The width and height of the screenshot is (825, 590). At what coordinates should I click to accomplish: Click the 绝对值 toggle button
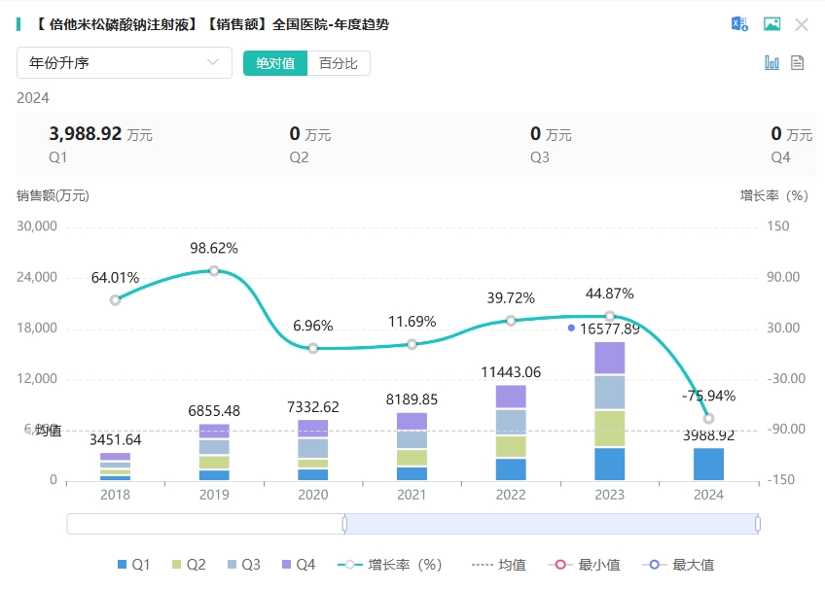click(x=275, y=63)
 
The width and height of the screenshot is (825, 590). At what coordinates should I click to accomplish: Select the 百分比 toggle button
click(x=339, y=63)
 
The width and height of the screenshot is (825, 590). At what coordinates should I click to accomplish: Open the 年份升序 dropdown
click(x=124, y=63)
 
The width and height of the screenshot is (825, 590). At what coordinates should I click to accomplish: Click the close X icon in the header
click(x=802, y=25)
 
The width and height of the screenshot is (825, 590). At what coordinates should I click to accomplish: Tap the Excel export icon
click(x=739, y=25)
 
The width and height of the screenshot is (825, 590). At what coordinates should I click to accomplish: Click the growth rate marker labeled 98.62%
click(x=214, y=271)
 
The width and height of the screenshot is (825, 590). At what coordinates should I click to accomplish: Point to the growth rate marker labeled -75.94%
click(x=708, y=418)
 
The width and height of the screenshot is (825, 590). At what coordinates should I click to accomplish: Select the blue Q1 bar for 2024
click(x=708, y=464)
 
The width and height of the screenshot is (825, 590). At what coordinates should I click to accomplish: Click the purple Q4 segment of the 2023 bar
click(x=609, y=358)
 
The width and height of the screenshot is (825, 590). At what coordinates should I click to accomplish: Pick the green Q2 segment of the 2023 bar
click(x=609, y=428)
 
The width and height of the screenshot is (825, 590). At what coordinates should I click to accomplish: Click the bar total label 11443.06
click(x=511, y=372)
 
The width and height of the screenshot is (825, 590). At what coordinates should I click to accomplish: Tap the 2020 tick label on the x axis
click(x=312, y=494)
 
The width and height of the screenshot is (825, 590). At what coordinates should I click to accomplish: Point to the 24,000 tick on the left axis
click(x=39, y=277)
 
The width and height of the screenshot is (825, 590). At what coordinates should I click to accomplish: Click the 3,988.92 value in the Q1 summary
click(x=86, y=134)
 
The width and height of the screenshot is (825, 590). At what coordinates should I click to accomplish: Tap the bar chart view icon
click(x=772, y=63)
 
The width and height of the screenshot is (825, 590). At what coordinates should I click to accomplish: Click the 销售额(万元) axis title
click(x=53, y=195)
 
